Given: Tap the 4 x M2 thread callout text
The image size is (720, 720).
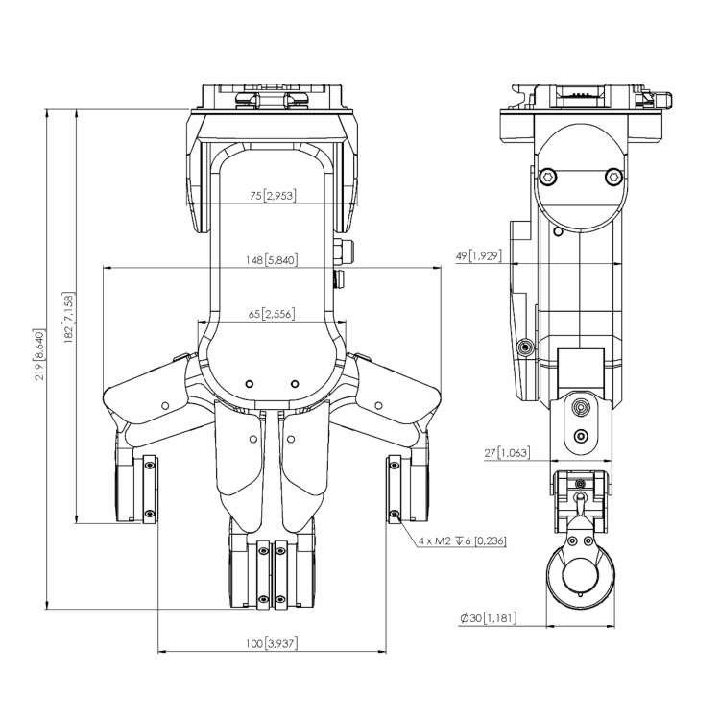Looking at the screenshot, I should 462,541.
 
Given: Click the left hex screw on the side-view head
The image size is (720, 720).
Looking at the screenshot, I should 547,176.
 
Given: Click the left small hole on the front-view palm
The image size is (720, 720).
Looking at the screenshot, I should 249,383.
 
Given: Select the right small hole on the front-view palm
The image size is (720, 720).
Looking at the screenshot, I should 295,383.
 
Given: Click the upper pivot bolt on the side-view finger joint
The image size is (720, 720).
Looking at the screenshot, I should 579,408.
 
